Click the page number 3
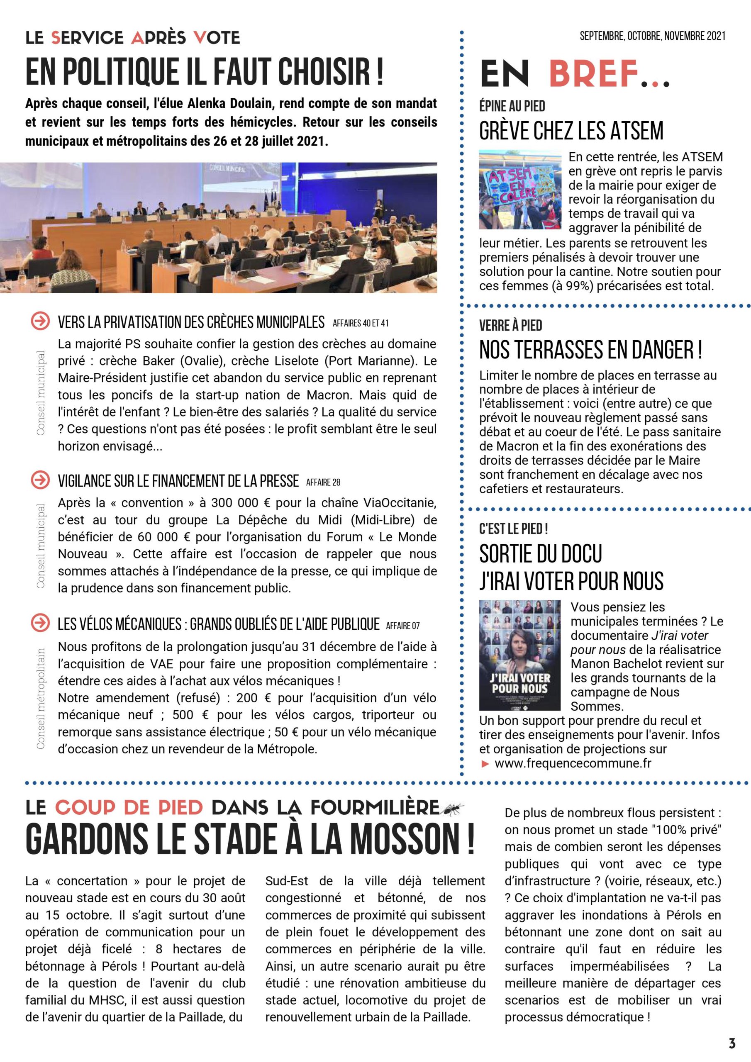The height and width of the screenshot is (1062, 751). click(731, 1043)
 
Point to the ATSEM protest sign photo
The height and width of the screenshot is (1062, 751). click(519, 190)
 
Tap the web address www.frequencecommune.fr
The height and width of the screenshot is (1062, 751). click(573, 763)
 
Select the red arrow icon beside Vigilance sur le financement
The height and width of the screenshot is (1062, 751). click(40, 480)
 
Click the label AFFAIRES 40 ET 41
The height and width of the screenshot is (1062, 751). click(361, 323)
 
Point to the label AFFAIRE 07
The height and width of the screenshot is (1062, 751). click(402, 626)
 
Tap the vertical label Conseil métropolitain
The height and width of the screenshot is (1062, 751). click(41, 698)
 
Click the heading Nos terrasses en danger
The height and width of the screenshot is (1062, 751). click(590, 350)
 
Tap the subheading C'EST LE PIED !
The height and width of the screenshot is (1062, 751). click(514, 528)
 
